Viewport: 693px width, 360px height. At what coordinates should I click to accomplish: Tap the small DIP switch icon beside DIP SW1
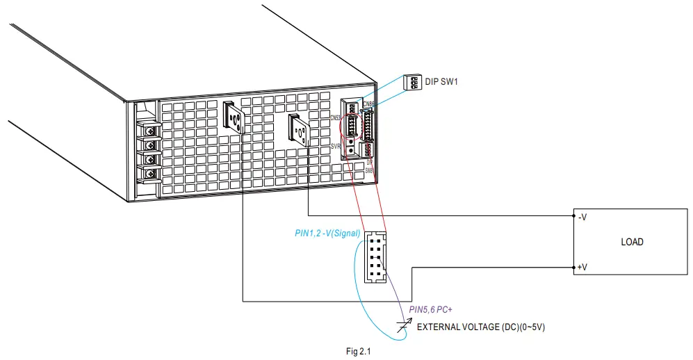point(413,83)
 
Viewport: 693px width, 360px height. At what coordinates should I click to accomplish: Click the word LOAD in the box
point(632,242)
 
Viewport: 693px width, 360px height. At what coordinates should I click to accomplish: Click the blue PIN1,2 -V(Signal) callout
point(327,234)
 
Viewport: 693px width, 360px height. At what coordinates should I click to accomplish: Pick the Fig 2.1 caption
point(359,352)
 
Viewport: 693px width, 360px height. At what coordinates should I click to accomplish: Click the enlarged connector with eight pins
point(375,256)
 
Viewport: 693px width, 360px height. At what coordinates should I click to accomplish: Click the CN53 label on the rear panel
point(335,117)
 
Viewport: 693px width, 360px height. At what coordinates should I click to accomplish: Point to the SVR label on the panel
point(335,147)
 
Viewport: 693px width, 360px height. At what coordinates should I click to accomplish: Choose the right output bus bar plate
point(300,129)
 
